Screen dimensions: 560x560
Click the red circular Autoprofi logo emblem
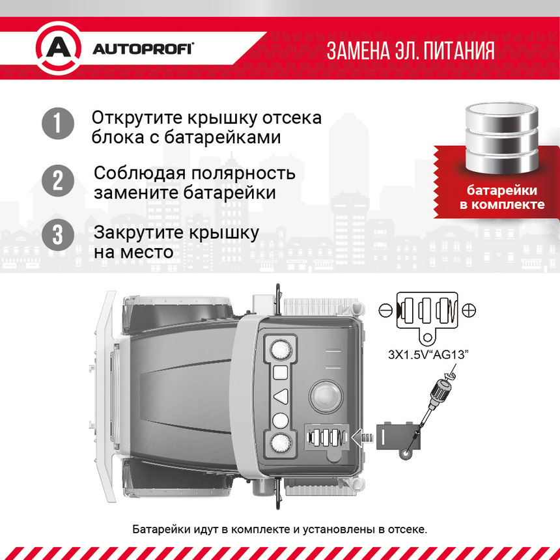coord(58,49)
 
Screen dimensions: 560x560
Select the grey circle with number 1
coord(58,124)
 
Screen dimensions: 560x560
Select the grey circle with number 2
coord(58,180)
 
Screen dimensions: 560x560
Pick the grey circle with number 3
coord(58,235)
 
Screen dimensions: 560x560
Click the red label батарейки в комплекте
coord(501,197)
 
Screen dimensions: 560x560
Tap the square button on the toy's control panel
coord(281,372)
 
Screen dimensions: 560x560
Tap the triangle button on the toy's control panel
coord(281,395)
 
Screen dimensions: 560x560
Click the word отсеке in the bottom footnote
coord(407,528)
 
